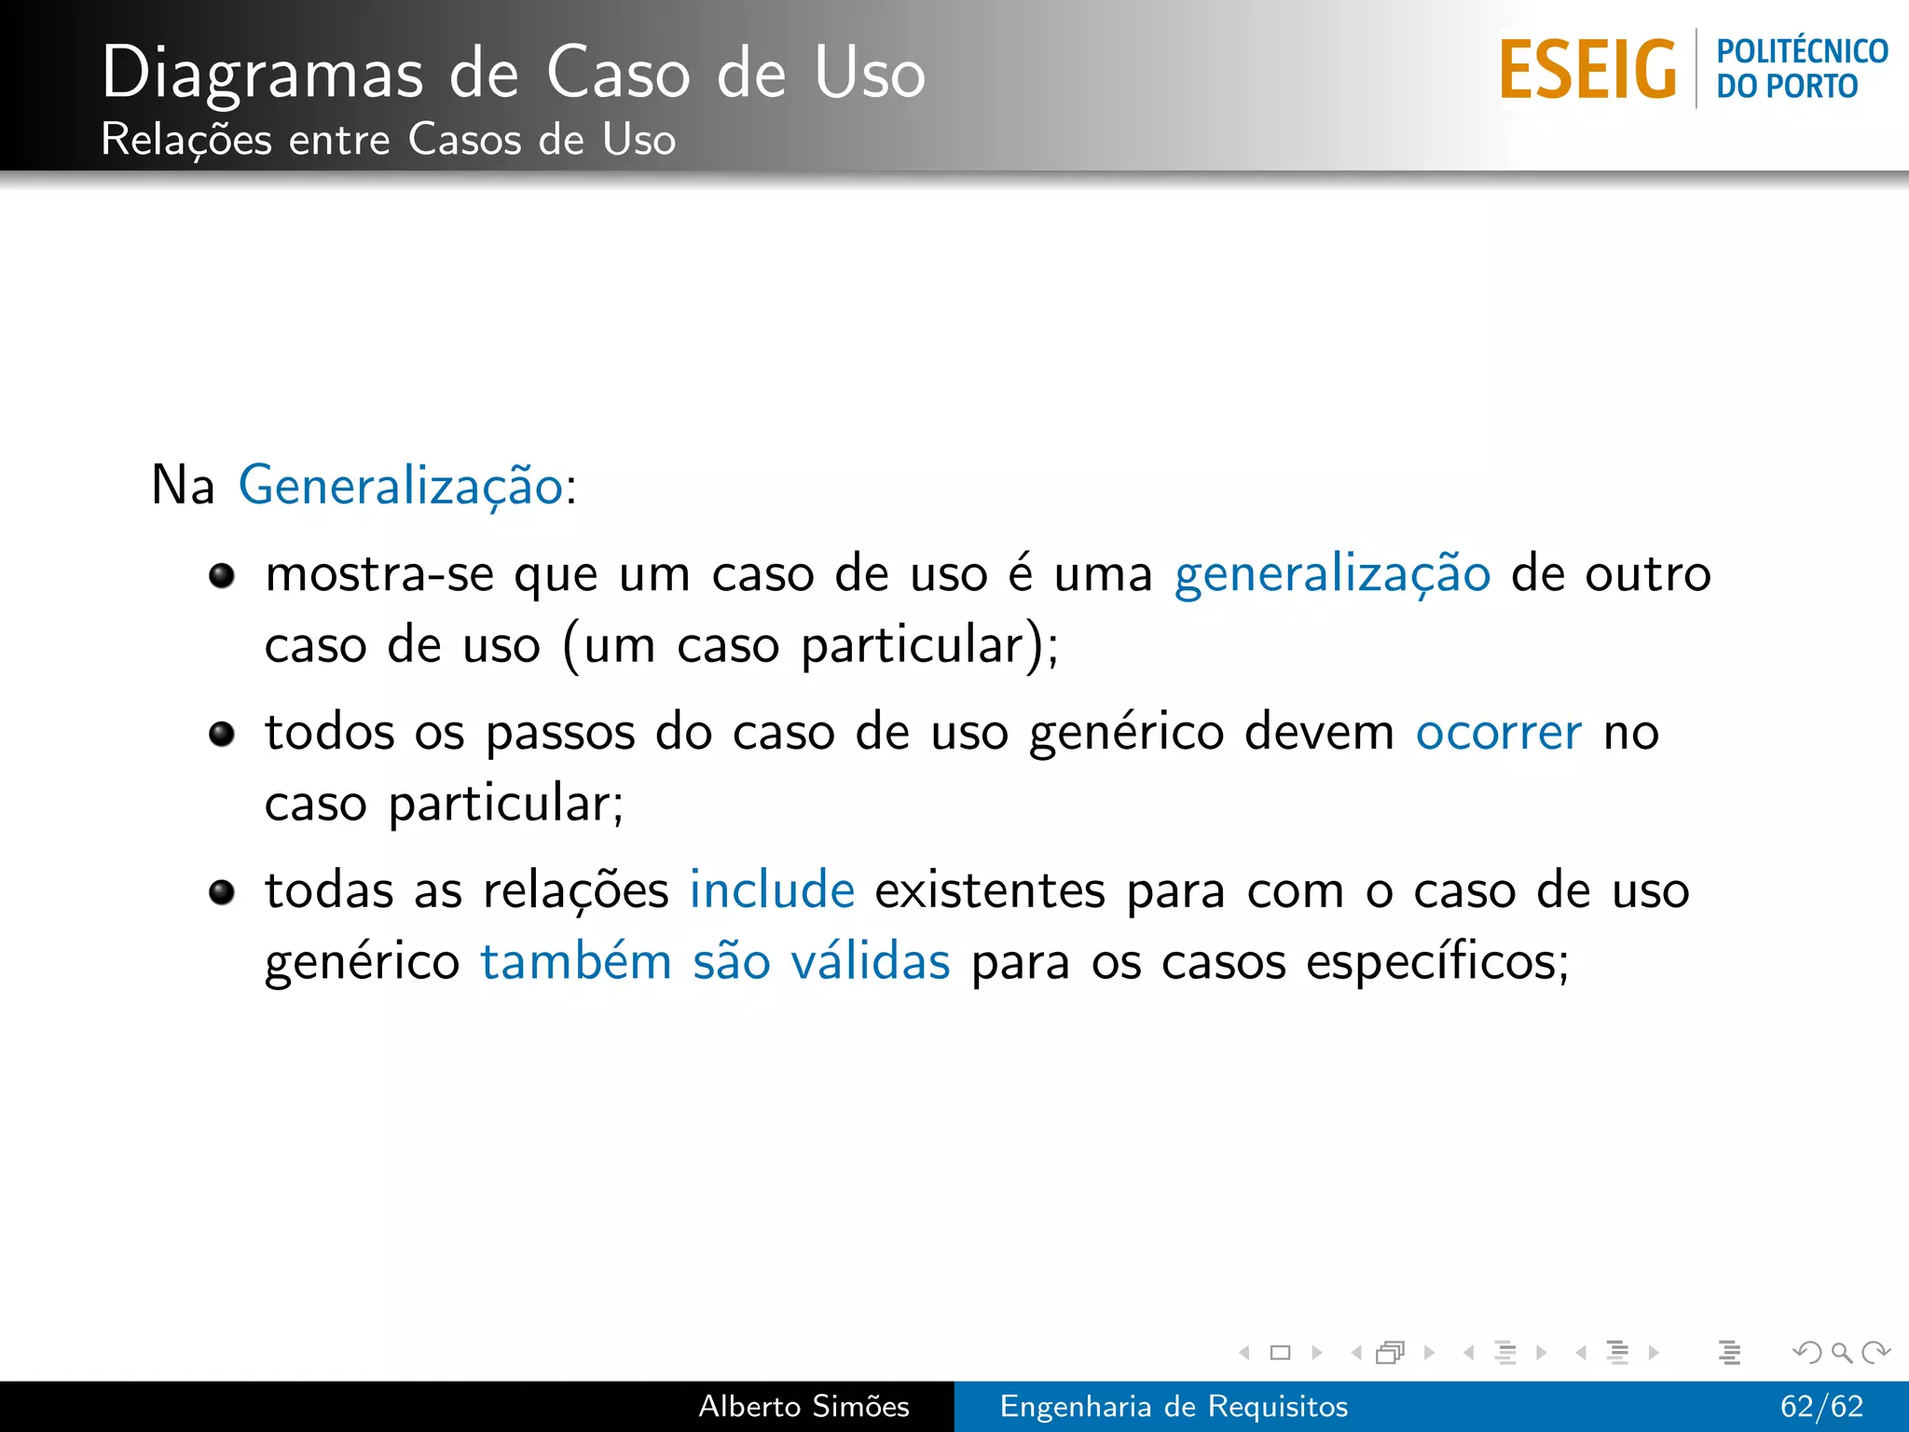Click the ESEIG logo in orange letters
coord(1587,69)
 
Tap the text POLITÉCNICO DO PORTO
coord(1801,69)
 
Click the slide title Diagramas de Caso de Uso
coord(513,73)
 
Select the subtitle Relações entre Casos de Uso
coord(388,140)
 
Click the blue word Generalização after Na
coord(401,487)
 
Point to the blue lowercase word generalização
coord(1332,574)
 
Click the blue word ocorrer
coord(1498,733)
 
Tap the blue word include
coord(772,890)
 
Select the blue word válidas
coord(871,962)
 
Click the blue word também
coord(576,962)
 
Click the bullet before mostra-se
coord(222,576)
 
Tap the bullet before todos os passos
coord(222,735)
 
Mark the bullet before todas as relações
coord(222,893)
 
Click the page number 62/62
coord(1820,1406)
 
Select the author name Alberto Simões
coord(803,1406)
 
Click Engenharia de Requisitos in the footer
coord(1174,1406)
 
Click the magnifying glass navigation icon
coord(1841,1352)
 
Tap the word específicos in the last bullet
coord(1436,962)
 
